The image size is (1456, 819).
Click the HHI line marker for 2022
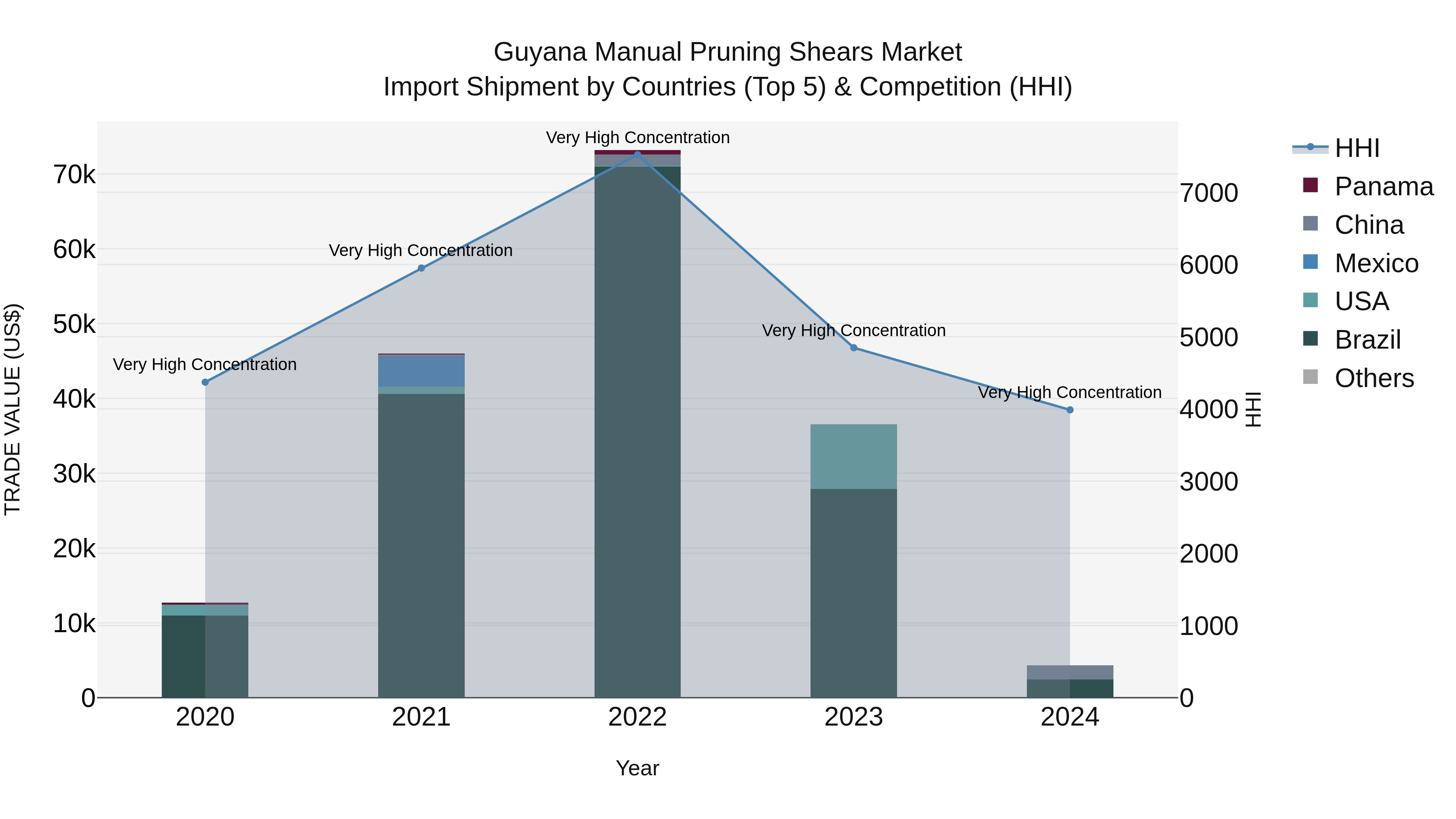point(637,154)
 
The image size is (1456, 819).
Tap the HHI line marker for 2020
point(205,382)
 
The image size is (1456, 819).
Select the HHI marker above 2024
point(1070,410)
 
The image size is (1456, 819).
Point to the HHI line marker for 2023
point(853,347)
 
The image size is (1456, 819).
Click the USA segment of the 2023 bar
point(853,456)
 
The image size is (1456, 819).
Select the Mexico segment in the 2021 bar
point(421,371)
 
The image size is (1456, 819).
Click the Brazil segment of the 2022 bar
point(637,430)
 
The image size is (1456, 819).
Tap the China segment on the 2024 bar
point(1070,672)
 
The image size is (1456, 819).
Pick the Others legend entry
point(1374,378)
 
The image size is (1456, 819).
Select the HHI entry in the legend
point(1357,148)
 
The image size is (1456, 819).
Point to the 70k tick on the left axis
point(74,175)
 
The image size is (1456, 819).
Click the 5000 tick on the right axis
point(1209,337)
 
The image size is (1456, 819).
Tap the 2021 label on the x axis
point(421,717)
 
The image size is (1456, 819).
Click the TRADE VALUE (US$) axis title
point(13,409)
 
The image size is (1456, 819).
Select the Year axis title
point(637,768)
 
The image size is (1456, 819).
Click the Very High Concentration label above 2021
point(421,250)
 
